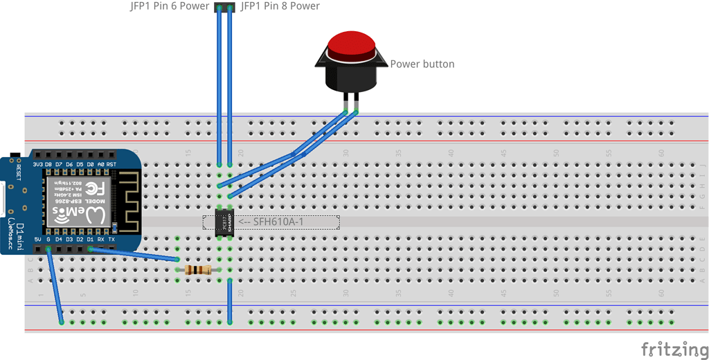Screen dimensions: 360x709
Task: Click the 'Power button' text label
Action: pos(422,64)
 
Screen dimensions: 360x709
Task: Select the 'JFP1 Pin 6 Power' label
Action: pos(170,6)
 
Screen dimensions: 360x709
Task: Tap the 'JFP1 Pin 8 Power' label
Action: pos(280,6)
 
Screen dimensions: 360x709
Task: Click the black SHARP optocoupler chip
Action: pos(223,222)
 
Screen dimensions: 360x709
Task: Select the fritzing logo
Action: pos(671,348)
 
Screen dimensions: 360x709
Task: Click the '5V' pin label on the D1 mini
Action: pos(38,240)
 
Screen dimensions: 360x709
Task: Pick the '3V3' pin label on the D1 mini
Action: pos(38,164)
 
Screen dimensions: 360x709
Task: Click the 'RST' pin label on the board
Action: pos(111,164)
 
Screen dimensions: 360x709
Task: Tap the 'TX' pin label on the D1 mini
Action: pos(111,240)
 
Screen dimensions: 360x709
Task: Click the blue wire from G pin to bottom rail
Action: pos(55,285)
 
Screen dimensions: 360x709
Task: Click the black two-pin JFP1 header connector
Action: pos(224,8)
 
